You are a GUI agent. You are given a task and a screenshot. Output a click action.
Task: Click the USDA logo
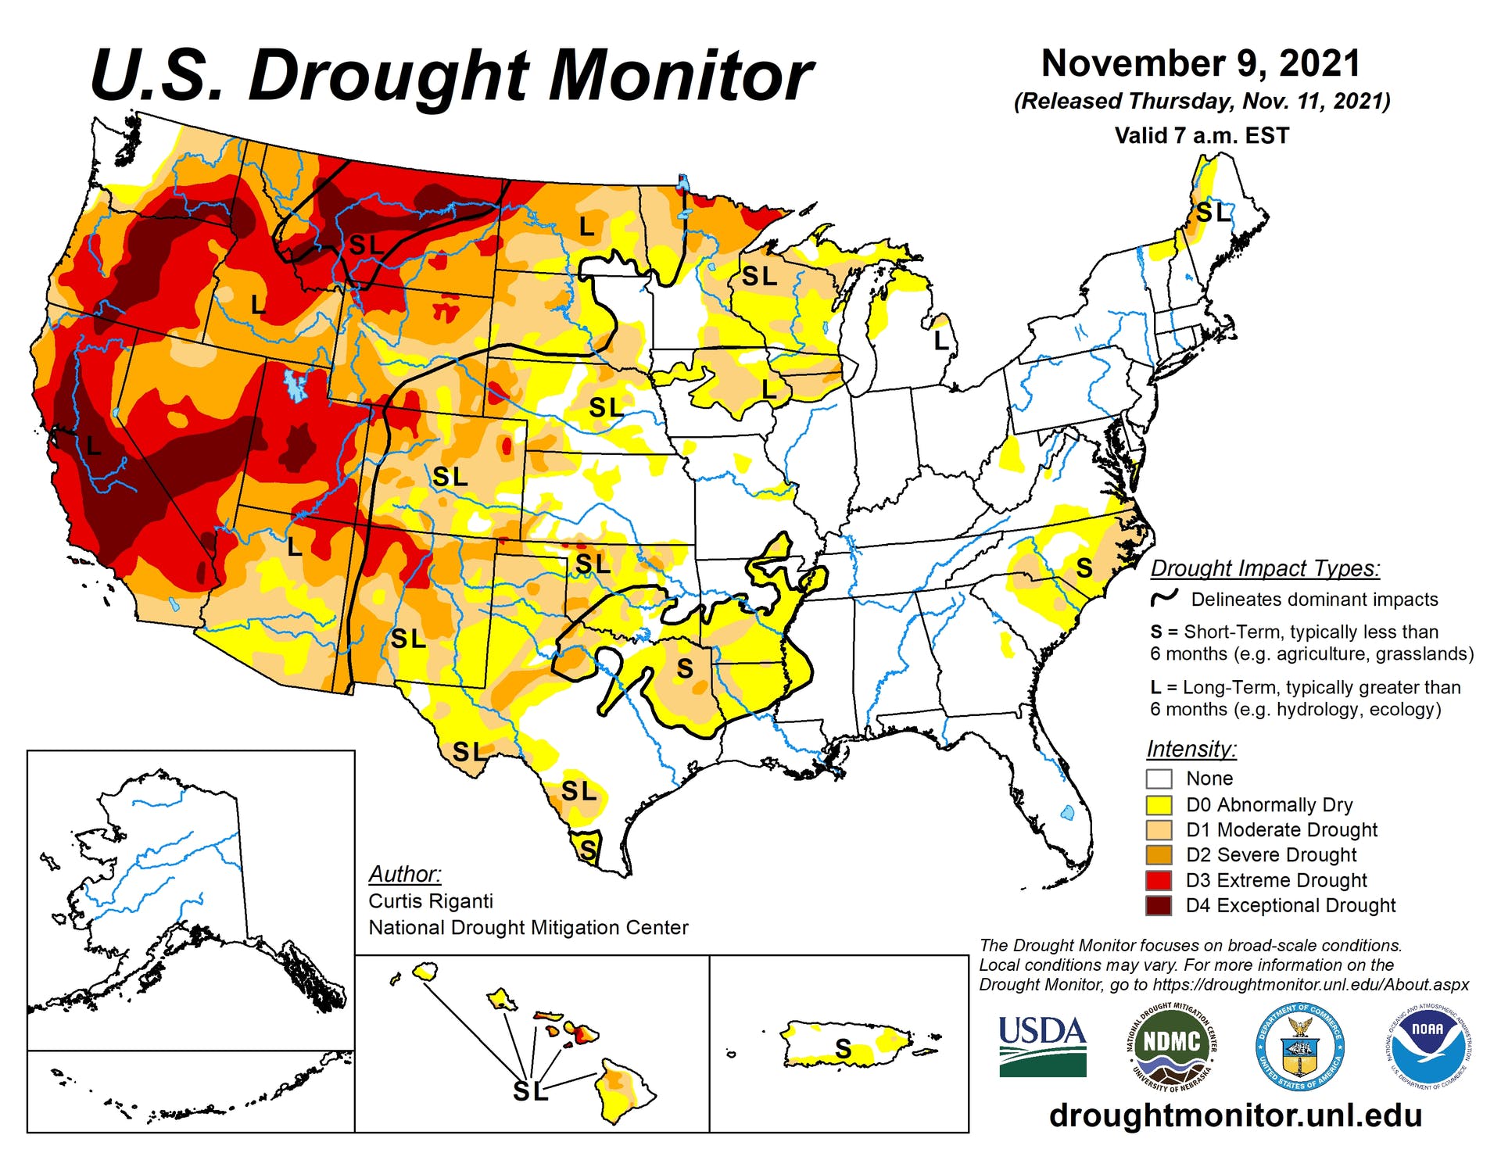pos(1042,1045)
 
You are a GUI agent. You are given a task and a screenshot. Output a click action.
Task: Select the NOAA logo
pos(1428,1045)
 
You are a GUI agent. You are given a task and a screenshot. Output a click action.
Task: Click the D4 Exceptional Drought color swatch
pos(1159,905)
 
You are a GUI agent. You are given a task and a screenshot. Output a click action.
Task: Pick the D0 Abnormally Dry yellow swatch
pos(1159,804)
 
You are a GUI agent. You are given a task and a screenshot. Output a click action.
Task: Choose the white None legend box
pos(1159,779)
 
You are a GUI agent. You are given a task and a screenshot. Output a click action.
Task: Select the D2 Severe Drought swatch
pos(1159,854)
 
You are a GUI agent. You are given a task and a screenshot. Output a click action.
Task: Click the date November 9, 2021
pos(1201,63)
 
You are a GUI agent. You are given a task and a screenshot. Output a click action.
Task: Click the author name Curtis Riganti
pos(431,900)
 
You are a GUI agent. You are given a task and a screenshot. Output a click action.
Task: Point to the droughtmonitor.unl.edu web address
pos(1235,1115)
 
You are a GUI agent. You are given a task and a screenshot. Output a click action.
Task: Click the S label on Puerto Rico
pos(843,1048)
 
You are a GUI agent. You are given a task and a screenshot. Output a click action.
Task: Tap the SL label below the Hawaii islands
pos(530,1091)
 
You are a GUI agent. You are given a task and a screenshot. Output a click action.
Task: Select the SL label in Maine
pos(1213,212)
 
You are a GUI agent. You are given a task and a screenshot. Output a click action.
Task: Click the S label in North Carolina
pos(1084,568)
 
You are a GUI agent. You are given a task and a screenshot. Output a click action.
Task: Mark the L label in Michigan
pos(941,340)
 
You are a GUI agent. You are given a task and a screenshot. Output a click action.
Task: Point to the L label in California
pos(94,446)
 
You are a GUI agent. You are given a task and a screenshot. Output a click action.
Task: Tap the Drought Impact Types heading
pos(1265,568)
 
